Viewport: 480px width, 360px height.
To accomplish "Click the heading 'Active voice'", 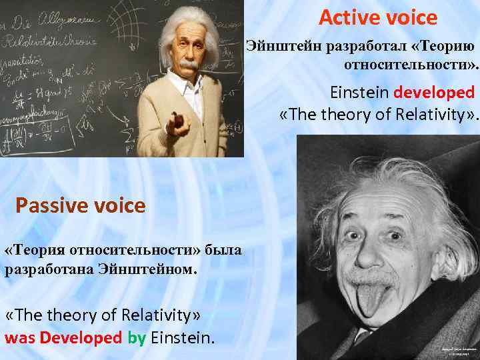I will point(377,17).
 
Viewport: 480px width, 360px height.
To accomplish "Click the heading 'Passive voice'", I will point(80,205).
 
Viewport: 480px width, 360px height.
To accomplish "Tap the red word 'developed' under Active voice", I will point(434,92).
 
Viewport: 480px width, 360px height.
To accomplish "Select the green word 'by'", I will point(137,337).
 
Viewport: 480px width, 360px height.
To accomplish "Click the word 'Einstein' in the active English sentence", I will point(360,92).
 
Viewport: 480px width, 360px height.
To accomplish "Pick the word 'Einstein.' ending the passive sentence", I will point(183,337).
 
